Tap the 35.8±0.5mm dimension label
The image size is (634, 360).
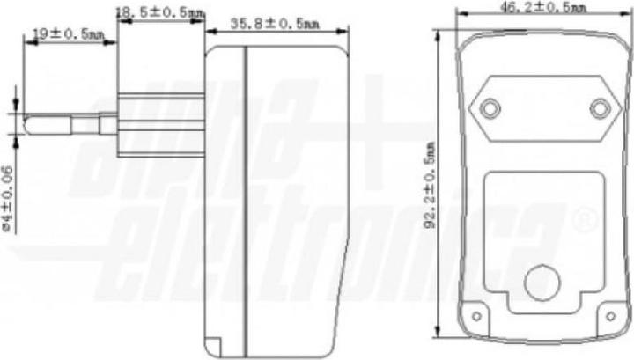tap(275, 24)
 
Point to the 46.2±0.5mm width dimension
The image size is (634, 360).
tap(543, 7)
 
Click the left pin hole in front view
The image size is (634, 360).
tap(490, 108)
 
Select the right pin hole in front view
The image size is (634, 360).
tap(600, 108)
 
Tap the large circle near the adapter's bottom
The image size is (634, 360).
tap(542, 283)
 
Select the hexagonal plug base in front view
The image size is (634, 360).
tap(544, 108)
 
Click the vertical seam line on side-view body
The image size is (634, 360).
tap(246, 194)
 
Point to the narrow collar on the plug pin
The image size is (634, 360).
tap(107, 123)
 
